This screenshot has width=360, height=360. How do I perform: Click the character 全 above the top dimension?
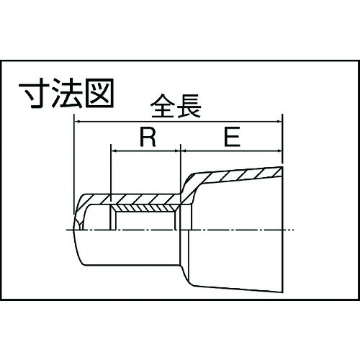coord(163,106)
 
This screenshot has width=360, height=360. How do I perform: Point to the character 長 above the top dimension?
coord(189,106)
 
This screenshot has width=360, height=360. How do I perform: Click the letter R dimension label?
coord(148,137)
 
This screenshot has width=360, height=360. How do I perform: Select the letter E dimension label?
coord(232,137)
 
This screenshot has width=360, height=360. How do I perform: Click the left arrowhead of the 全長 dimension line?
coord(77,122)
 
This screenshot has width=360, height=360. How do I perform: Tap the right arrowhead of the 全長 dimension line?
coord(279,122)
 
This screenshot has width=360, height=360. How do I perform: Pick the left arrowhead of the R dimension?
coord(114,151)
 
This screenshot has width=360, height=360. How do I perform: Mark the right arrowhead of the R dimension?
coord(176,151)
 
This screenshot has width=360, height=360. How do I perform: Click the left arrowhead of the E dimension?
coord(184,151)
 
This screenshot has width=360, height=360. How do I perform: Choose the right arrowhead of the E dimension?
coord(279,151)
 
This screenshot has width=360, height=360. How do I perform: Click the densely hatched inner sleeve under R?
coord(145,208)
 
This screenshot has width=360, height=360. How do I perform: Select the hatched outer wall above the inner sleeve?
coord(135,199)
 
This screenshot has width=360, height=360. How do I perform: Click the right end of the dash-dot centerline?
coord(293,230)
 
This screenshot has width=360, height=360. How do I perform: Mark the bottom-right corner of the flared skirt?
coord(282,292)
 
